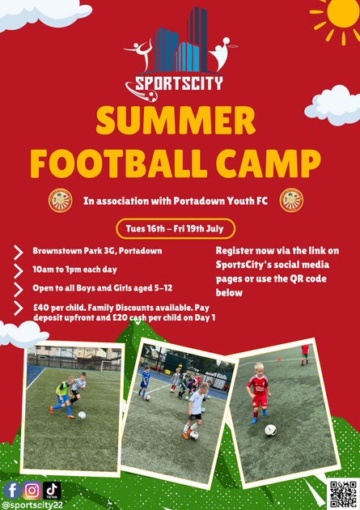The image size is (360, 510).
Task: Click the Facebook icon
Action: click(x=12, y=490)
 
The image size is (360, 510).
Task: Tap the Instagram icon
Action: click(x=32, y=490)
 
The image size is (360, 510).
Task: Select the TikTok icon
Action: click(x=52, y=490)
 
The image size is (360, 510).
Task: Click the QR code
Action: click(x=343, y=495)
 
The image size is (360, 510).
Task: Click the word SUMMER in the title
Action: click(x=176, y=120)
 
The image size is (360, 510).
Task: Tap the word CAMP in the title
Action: click(x=269, y=163)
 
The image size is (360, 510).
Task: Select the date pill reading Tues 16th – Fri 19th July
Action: click(x=176, y=228)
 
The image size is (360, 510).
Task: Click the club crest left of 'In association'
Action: click(x=61, y=201)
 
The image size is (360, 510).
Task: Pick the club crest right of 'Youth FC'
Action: click(x=291, y=201)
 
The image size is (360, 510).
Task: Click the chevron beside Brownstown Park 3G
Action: click(x=18, y=252)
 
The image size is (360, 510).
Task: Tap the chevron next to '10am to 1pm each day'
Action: click(x=18, y=270)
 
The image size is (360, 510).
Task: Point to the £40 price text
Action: click(x=41, y=308)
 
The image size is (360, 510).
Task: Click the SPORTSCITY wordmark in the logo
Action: click(x=180, y=83)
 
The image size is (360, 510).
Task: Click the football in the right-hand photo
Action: click(x=270, y=430)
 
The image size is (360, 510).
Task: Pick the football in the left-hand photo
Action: click(x=82, y=415)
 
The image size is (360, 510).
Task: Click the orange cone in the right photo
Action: click(x=279, y=359)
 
